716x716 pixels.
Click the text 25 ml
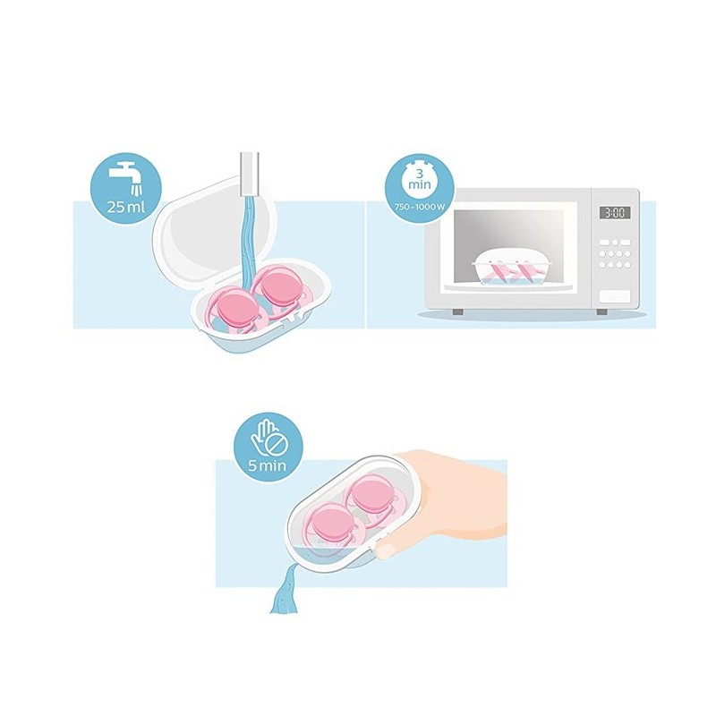126,208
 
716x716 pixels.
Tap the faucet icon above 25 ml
126,177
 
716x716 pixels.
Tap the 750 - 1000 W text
420,207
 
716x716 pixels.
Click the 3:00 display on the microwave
615,212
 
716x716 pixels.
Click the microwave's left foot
457,311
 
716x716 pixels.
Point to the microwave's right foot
601,311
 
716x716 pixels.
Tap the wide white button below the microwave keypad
615,297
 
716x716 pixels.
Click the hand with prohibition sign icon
268,439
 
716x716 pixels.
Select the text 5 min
268,465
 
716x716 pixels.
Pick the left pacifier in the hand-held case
328,524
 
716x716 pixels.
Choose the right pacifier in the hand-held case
369,497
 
